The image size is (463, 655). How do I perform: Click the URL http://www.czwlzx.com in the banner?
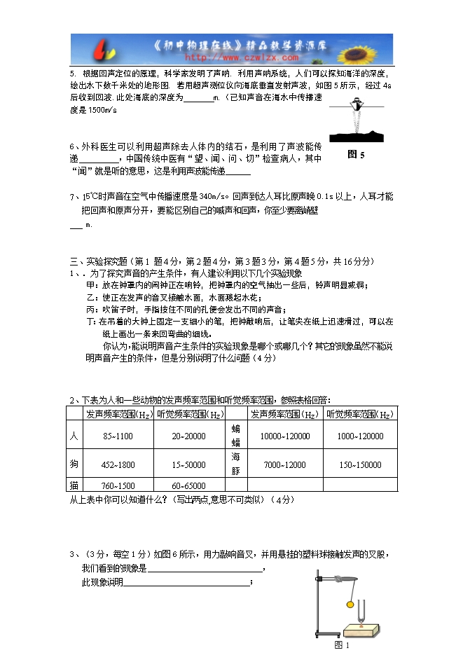(231, 59)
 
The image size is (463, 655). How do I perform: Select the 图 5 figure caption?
(356, 155)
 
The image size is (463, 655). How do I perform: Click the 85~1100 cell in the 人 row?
(118, 436)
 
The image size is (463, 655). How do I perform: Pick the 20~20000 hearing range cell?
(188, 436)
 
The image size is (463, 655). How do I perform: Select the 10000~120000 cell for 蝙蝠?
(284, 436)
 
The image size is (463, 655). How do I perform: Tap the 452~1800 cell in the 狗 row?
(118, 464)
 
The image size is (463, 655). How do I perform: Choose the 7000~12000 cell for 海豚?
(284, 464)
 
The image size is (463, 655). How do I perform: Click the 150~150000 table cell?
(360, 464)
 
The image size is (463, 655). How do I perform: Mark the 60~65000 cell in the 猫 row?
(188, 485)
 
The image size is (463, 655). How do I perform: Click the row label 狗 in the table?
(74, 464)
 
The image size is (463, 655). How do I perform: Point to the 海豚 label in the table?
(235, 464)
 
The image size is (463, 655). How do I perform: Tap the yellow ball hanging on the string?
(350, 603)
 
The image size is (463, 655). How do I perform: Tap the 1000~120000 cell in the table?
(360, 436)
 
